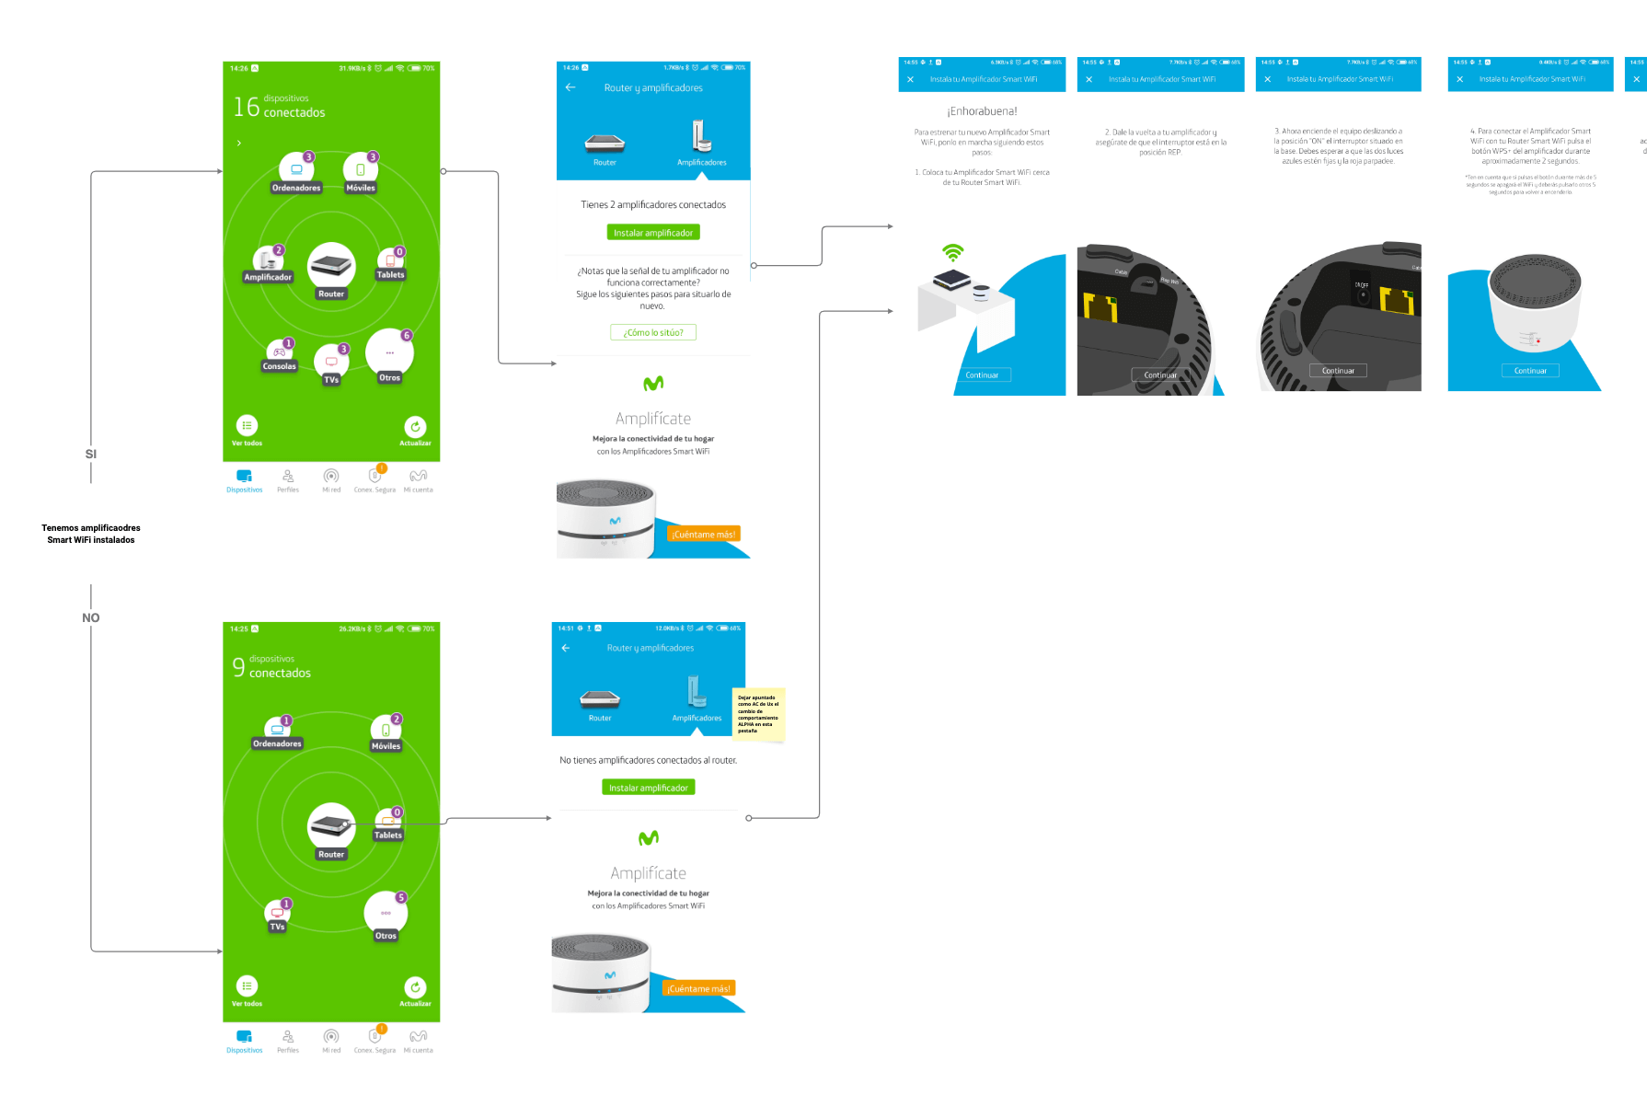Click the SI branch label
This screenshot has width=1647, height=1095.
pyautogui.click(x=90, y=454)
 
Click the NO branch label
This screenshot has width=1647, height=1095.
pyautogui.click(x=90, y=617)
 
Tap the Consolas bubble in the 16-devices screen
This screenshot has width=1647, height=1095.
pyautogui.click(x=279, y=354)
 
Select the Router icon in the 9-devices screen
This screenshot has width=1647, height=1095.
pyautogui.click(x=331, y=825)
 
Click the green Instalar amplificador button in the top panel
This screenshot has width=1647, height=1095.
pyautogui.click(x=653, y=233)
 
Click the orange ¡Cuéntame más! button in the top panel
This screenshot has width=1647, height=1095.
pyautogui.click(x=703, y=534)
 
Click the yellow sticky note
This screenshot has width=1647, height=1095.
pyautogui.click(x=758, y=714)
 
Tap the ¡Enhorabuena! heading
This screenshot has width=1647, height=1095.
pyautogui.click(x=982, y=111)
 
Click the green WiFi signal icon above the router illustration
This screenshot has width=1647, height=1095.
pyautogui.click(x=953, y=252)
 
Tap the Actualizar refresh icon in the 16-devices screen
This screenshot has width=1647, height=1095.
pyautogui.click(x=415, y=427)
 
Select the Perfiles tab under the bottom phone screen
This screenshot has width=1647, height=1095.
pyautogui.click(x=288, y=1040)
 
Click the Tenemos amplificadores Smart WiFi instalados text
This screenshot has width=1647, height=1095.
pyautogui.click(x=91, y=534)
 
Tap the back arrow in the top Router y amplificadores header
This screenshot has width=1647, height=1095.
pyautogui.click(x=570, y=87)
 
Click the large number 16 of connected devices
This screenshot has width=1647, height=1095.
pyautogui.click(x=246, y=107)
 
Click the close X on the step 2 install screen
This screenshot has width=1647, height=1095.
pyautogui.click(x=1088, y=79)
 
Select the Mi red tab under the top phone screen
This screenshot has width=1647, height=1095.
pyautogui.click(x=331, y=479)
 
